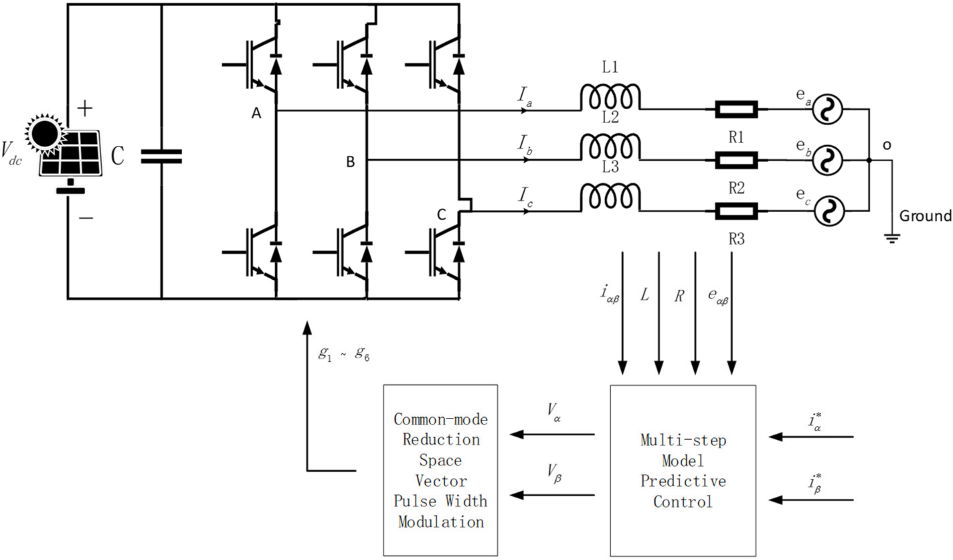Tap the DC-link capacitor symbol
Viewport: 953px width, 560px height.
(162, 156)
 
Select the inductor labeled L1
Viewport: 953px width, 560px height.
(610, 97)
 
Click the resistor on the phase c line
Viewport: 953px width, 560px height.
(736, 211)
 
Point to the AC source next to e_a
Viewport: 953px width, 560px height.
(828, 109)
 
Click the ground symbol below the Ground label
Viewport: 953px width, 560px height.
(892, 238)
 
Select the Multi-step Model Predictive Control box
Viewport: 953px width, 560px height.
(683, 471)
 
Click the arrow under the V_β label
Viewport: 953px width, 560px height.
(552, 495)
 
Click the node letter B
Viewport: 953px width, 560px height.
(351, 162)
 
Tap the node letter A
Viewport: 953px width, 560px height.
(256, 113)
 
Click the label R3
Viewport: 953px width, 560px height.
(736, 239)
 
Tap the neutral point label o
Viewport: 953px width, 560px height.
(886, 145)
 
